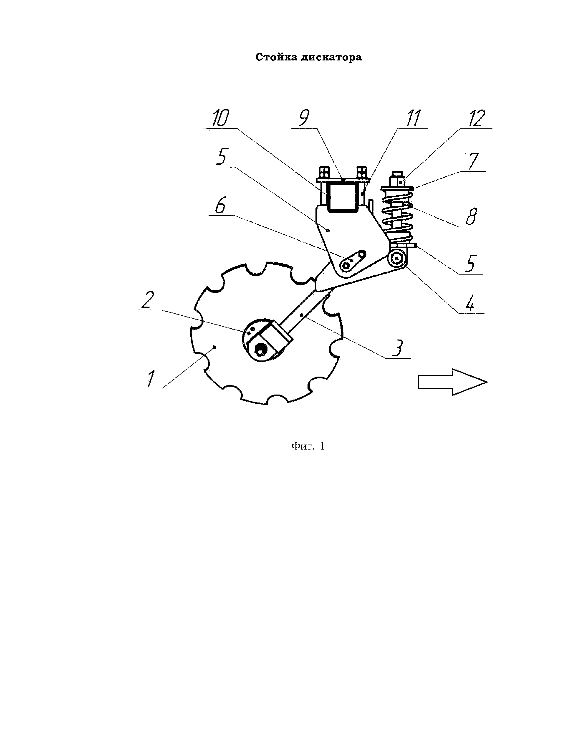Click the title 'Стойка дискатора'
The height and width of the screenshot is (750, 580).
[x=308, y=57]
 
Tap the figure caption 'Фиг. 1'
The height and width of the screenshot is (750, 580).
[x=308, y=446]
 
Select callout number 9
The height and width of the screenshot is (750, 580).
[x=304, y=118]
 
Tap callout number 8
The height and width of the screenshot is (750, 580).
[x=472, y=216]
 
